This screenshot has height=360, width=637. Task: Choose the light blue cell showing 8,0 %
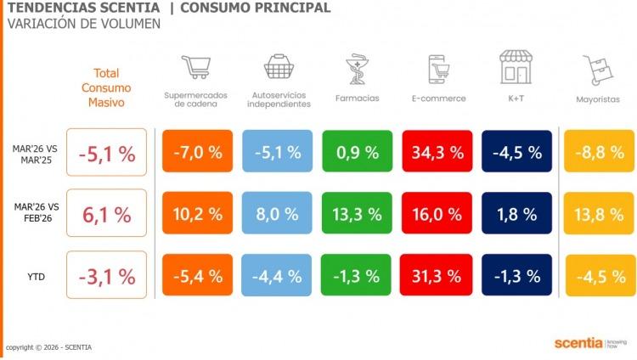(x=277, y=213)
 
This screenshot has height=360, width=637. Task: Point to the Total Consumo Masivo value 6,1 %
(x=107, y=214)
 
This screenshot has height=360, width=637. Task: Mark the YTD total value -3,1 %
(x=107, y=275)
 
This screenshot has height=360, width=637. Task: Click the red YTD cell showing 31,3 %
(x=437, y=275)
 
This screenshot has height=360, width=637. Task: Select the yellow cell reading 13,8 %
(x=598, y=213)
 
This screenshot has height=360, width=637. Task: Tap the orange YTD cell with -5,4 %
(x=196, y=275)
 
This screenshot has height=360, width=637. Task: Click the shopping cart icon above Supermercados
(x=195, y=68)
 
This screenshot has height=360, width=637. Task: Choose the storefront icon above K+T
(x=516, y=68)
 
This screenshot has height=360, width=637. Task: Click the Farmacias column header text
(x=358, y=98)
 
